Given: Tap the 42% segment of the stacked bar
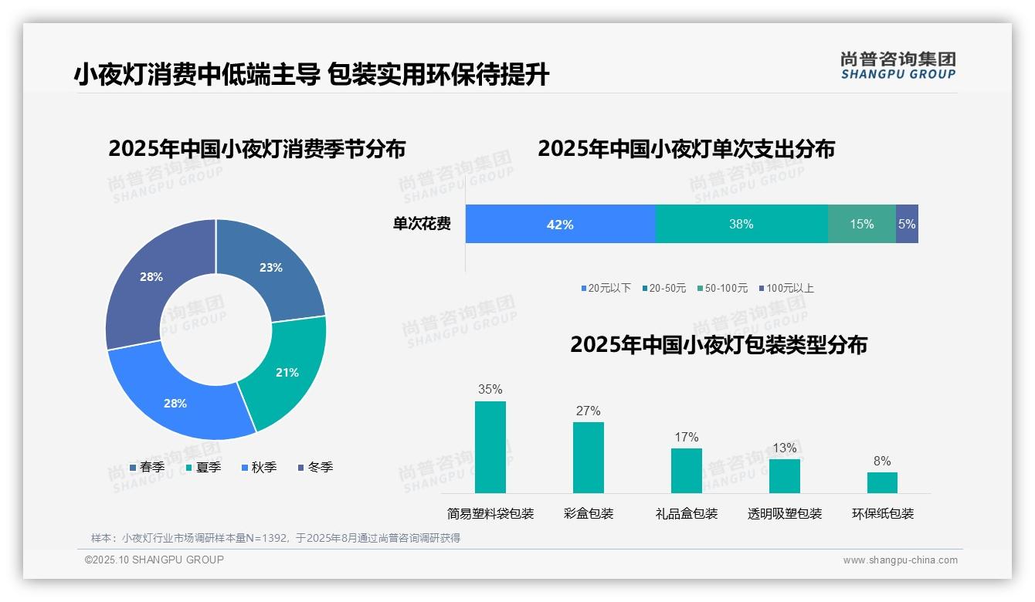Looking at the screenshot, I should pyautogui.click(x=560, y=224).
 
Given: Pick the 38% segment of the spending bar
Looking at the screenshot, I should pyautogui.click(x=741, y=224).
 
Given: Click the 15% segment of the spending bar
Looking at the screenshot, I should pyautogui.click(x=862, y=224).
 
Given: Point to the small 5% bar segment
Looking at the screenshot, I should pyautogui.click(x=907, y=224).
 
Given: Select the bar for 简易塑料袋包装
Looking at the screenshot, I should pyautogui.click(x=490, y=447).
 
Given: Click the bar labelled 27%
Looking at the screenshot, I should pyautogui.click(x=589, y=457).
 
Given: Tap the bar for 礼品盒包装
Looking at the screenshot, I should pyautogui.click(x=687, y=470).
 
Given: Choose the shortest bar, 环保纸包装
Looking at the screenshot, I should pyautogui.click(x=882, y=482).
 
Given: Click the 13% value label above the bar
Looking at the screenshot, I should pyautogui.click(x=785, y=448).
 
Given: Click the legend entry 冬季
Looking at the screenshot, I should pyautogui.click(x=320, y=467).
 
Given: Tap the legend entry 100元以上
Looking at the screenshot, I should pyautogui.click(x=789, y=288).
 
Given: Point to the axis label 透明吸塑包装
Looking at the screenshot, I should pyautogui.click(x=785, y=513).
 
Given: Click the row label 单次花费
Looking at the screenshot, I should pyautogui.click(x=422, y=224).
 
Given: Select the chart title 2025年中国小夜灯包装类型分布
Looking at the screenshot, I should pyautogui.click(x=718, y=344).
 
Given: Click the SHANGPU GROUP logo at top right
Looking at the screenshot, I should pyautogui.click(x=898, y=66).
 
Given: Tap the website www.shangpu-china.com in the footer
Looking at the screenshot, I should pyautogui.click(x=900, y=560).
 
